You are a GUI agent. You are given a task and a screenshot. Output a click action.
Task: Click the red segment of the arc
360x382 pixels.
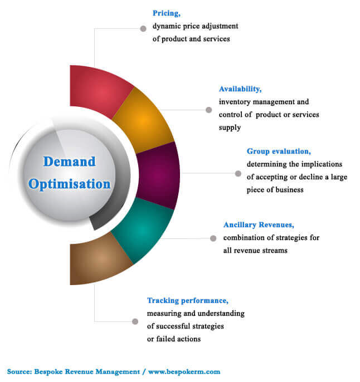pyautogui.click(x=100, y=92)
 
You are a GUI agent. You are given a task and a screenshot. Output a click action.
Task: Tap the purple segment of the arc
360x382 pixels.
pyautogui.click(x=159, y=175)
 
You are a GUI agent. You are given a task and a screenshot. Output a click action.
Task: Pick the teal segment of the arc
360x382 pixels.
pyautogui.click(x=143, y=230)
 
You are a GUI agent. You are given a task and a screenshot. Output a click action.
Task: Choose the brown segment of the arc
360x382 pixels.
pyautogui.click(x=100, y=259)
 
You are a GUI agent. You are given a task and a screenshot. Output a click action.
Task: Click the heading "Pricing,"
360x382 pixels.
pyautogui.click(x=167, y=13)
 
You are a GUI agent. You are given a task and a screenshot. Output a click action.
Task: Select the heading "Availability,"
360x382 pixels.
pyautogui.click(x=240, y=89)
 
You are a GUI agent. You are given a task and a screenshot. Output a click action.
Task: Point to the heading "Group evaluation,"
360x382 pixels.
pyautogui.click(x=279, y=151)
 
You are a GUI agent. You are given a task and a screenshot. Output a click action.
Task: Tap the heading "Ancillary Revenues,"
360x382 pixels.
pyautogui.click(x=259, y=224)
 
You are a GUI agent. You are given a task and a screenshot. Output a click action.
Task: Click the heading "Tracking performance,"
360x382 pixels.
pyautogui.click(x=188, y=301)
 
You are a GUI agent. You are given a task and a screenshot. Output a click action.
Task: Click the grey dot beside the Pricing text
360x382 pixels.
pyautogui.click(x=143, y=28)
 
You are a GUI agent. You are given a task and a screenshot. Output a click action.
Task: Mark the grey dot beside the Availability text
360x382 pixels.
pyautogui.click(x=208, y=110)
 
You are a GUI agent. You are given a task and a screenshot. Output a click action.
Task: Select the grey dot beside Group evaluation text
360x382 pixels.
pyautogui.click(x=238, y=174)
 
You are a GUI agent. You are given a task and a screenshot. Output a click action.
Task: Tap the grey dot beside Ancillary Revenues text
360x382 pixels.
pyautogui.click(x=213, y=238)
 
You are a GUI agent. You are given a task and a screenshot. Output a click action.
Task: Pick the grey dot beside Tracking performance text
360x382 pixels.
pyautogui.click(x=135, y=322)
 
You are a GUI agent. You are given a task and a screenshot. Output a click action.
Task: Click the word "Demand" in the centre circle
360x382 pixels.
pyautogui.click(x=69, y=161)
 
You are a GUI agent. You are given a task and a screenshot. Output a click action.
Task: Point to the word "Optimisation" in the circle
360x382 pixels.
pyautogui.click(x=69, y=184)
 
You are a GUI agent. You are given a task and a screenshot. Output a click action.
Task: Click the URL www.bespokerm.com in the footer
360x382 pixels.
pyautogui.click(x=184, y=371)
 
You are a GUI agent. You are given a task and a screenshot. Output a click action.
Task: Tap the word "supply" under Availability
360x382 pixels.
pyautogui.click(x=230, y=128)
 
